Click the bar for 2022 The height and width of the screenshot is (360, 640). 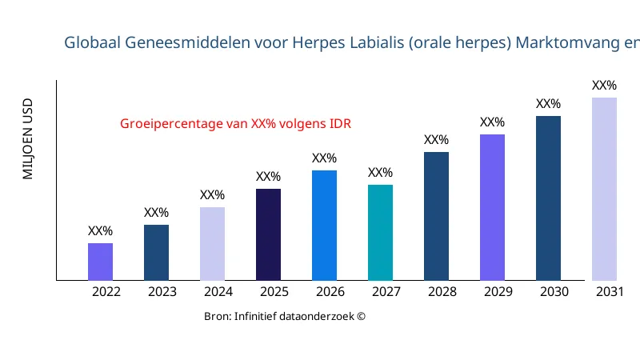point(100,262)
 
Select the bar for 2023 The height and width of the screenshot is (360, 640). point(156,253)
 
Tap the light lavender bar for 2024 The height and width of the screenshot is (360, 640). point(212,244)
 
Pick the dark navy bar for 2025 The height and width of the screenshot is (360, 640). point(268,234)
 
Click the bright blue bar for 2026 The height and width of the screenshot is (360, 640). point(324,226)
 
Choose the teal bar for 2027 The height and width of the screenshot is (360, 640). point(380,233)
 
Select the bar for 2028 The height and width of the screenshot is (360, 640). point(436,216)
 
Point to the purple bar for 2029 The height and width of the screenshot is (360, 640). point(492,207)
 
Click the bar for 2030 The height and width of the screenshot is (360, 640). point(548,198)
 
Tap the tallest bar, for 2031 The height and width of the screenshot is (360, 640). point(604,189)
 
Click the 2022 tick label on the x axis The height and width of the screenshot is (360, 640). point(106,292)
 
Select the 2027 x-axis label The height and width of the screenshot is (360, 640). point(386,292)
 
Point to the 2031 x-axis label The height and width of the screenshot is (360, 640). point(610,292)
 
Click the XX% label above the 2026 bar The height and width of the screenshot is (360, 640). point(324,158)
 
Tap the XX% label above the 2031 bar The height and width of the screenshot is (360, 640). point(604,86)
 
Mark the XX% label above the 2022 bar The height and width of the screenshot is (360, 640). point(100,231)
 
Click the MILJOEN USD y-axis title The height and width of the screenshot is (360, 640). point(28,138)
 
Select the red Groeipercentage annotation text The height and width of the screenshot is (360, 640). point(236,124)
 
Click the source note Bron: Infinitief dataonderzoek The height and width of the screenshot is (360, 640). point(285,317)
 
